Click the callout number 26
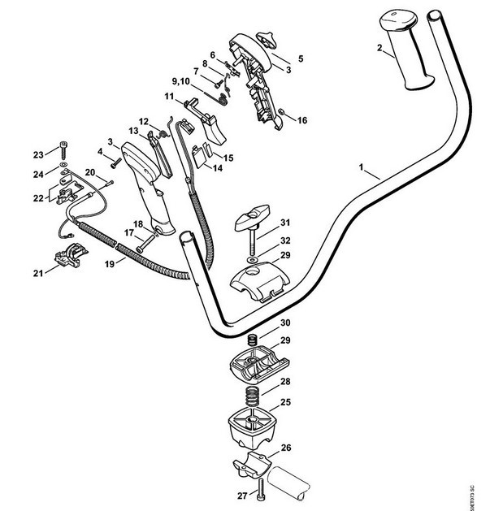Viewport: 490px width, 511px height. tap(285, 447)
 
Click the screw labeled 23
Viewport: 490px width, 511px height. tap(62, 149)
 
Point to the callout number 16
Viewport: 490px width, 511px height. tap(302, 121)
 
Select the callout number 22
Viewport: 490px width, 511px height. tap(38, 198)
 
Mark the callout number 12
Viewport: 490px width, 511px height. tap(142, 121)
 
